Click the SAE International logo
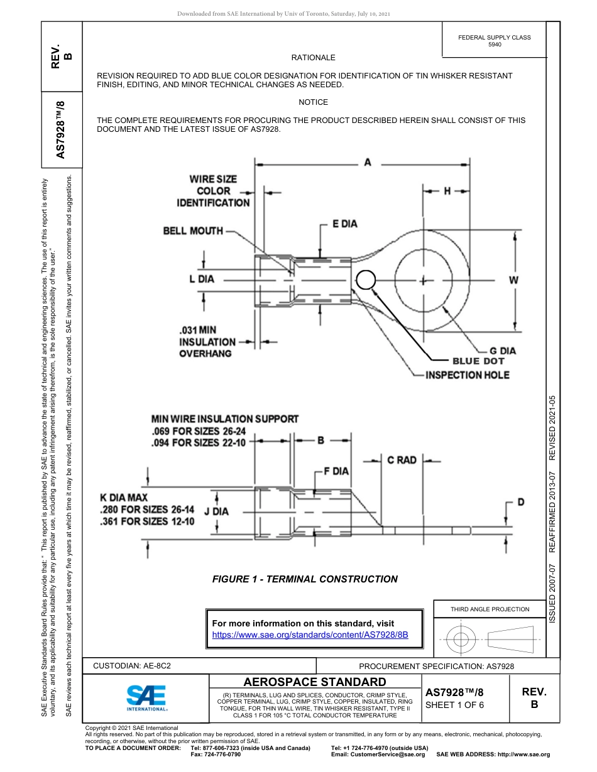click(146, 697)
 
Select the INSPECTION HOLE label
click(467, 375)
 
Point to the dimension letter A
click(368, 163)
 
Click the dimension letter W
click(513, 281)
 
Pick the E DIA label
click(344, 224)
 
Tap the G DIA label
click(502, 351)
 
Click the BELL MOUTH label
click(193, 231)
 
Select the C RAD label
click(402, 460)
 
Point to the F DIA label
click(336, 471)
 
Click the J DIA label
click(216, 511)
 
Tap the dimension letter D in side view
click(520, 501)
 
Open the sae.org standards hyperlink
click(310, 635)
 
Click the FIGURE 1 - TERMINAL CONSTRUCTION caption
click(305, 579)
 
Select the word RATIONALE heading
click(313, 58)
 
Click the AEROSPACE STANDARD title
click(314, 682)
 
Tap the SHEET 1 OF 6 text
click(455, 705)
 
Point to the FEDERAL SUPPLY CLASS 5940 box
click(494, 41)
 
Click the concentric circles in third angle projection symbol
click(461, 640)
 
